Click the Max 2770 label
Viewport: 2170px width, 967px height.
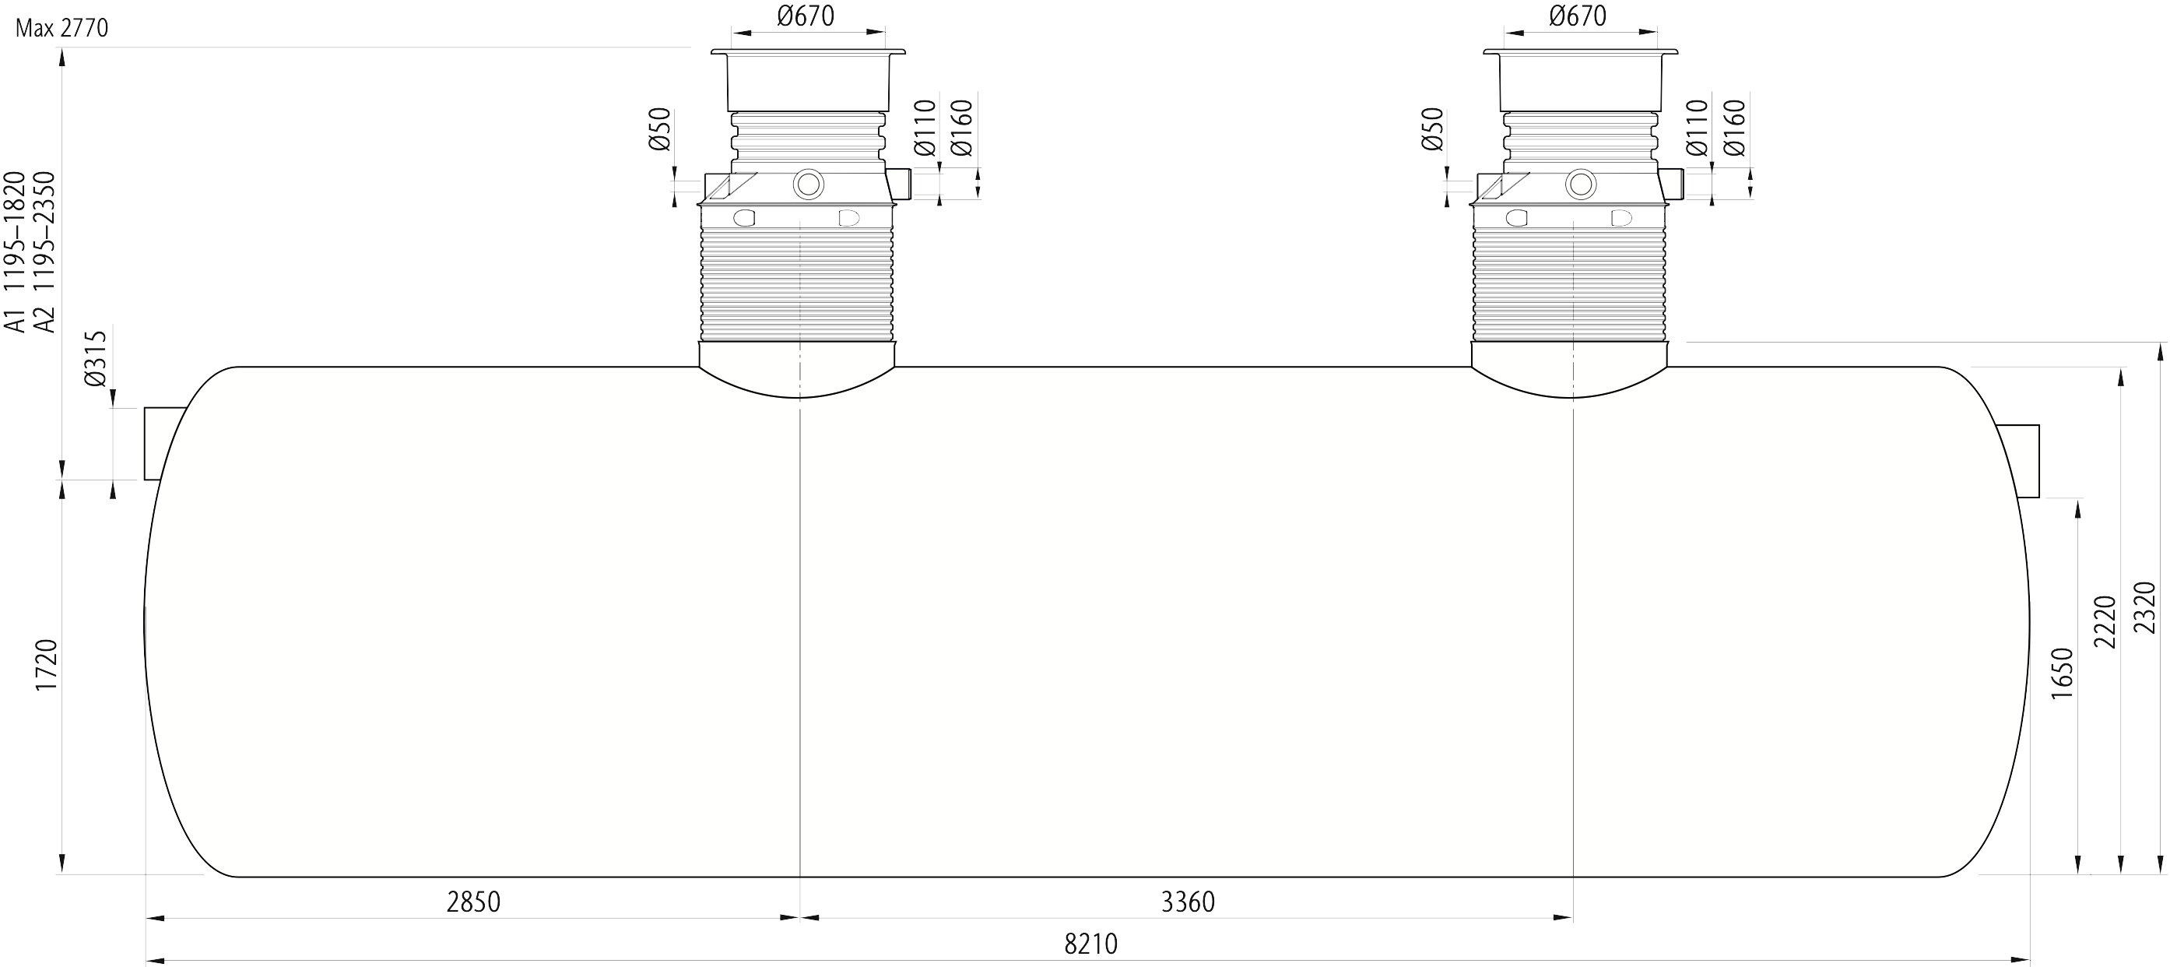[61, 28]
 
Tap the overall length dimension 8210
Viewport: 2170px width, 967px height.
[1091, 944]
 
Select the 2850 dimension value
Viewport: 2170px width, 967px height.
[473, 902]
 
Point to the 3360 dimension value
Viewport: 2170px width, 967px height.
[1188, 902]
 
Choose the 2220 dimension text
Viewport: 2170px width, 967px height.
[2105, 621]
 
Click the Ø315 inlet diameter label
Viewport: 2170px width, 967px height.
[96, 359]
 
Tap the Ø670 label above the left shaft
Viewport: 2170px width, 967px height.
[806, 16]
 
